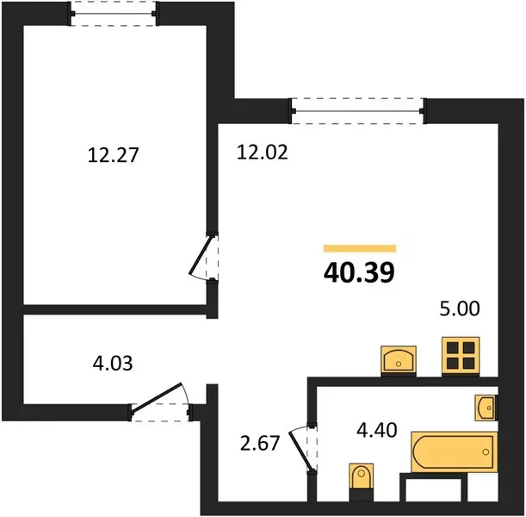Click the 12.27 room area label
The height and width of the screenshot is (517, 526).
113,155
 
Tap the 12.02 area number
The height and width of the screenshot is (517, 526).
263,152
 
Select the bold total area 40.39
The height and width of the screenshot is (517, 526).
359,272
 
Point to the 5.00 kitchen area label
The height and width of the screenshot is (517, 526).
460,308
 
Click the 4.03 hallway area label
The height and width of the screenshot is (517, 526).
113,364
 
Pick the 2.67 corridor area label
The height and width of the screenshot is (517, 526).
260,443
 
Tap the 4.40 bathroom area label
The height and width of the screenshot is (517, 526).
377,430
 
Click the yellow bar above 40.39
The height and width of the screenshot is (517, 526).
360,248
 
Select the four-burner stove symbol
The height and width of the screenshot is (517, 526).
461,357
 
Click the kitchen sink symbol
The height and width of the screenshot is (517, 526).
399,361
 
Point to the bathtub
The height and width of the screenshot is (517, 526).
455,452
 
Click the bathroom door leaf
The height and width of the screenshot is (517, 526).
300,450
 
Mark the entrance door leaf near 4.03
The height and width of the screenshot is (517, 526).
157,397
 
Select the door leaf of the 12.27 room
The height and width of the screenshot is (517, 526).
201,256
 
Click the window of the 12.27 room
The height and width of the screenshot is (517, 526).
113,14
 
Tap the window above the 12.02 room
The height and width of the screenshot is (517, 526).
357,111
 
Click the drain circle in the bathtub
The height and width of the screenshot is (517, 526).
486,452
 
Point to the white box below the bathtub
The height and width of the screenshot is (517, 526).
433,490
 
